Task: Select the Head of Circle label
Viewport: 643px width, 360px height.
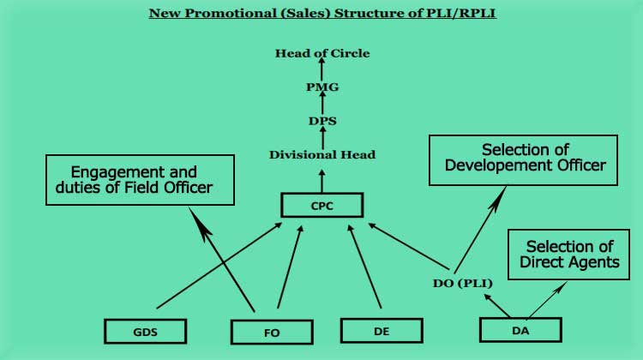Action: click(322, 53)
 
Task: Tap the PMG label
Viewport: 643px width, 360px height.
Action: click(322, 87)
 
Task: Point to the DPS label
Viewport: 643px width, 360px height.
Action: click(322, 121)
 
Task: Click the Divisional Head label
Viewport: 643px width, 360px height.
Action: click(322, 155)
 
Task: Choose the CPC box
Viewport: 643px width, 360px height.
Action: click(322, 205)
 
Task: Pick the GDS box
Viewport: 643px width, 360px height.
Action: click(145, 330)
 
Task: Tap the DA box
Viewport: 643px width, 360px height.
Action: click(520, 329)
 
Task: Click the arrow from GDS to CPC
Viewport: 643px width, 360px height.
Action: click(219, 267)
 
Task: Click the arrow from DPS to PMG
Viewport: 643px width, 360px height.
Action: click(322, 104)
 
